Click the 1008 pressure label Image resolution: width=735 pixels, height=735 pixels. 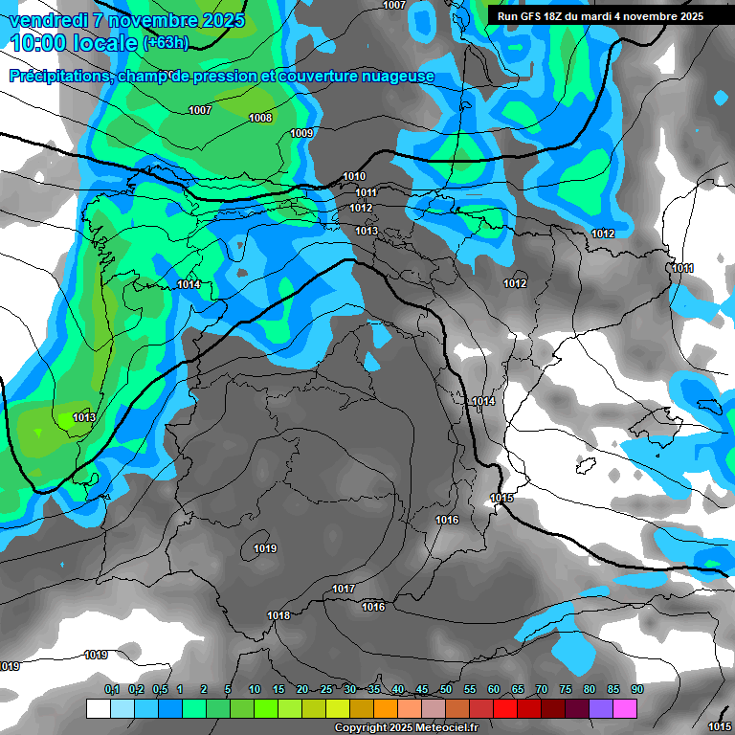click(260, 118)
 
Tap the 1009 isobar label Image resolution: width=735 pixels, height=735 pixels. click(301, 133)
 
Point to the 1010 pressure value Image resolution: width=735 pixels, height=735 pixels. click(354, 176)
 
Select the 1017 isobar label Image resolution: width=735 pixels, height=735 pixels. click(345, 589)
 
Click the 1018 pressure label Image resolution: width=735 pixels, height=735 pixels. click(278, 615)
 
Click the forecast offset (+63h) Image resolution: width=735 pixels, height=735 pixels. click(166, 43)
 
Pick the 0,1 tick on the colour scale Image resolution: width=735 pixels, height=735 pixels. click(112, 689)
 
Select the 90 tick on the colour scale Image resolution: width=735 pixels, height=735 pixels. click(637, 689)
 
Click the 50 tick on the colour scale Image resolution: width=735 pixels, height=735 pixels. click(446, 689)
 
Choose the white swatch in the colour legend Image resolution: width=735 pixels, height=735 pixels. click(98, 708)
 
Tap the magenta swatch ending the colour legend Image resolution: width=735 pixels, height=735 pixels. click(625, 708)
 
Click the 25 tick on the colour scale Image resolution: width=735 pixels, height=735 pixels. click(326, 689)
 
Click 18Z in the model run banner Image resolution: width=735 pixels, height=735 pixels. click(554, 16)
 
